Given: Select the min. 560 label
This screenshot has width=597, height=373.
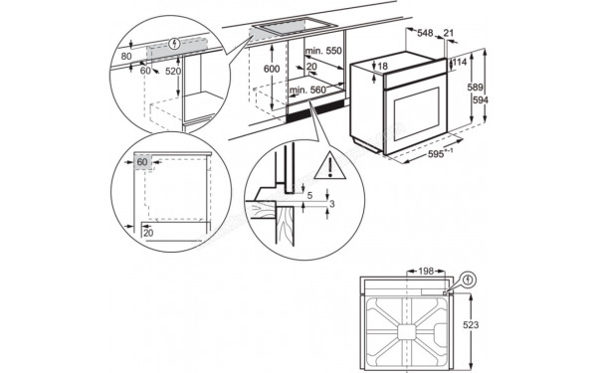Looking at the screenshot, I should click(310, 91).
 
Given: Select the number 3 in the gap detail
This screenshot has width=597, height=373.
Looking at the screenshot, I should click(332, 203).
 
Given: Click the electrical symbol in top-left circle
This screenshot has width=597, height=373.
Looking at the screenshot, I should click(175, 43).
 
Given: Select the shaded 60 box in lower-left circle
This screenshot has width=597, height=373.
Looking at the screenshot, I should click(142, 161).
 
